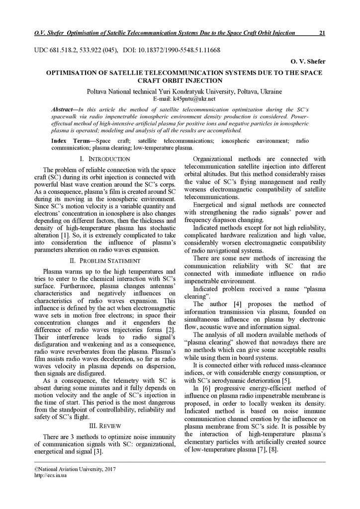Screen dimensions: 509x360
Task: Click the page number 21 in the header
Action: (x=322, y=33)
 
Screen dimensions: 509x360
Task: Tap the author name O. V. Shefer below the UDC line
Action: (x=307, y=61)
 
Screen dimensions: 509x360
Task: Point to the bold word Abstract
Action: (x=63, y=109)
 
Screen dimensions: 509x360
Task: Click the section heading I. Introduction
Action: (x=104, y=159)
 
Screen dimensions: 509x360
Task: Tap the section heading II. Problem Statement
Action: (x=104, y=260)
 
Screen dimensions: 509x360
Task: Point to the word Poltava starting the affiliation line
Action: (x=97, y=92)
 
